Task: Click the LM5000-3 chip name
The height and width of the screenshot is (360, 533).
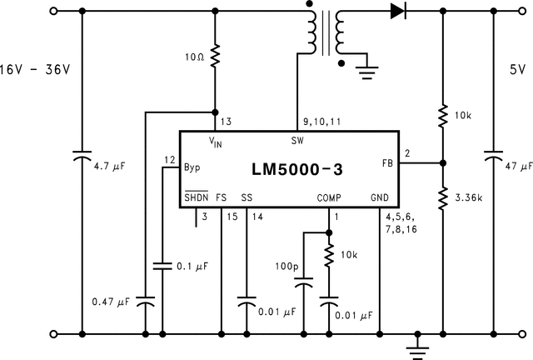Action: click(296, 169)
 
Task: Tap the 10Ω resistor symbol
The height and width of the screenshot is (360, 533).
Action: click(216, 56)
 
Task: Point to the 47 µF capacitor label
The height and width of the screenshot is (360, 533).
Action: click(519, 167)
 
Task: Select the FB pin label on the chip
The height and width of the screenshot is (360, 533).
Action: click(387, 162)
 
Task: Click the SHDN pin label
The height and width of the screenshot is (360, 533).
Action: click(196, 198)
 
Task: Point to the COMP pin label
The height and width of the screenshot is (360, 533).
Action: click(329, 198)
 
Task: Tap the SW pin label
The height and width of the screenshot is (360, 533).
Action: click(297, 139)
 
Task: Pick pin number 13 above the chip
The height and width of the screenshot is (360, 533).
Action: click(227, 121)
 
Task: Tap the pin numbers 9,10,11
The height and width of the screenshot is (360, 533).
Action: click(323, 121)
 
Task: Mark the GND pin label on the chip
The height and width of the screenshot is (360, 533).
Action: click(379, 198)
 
